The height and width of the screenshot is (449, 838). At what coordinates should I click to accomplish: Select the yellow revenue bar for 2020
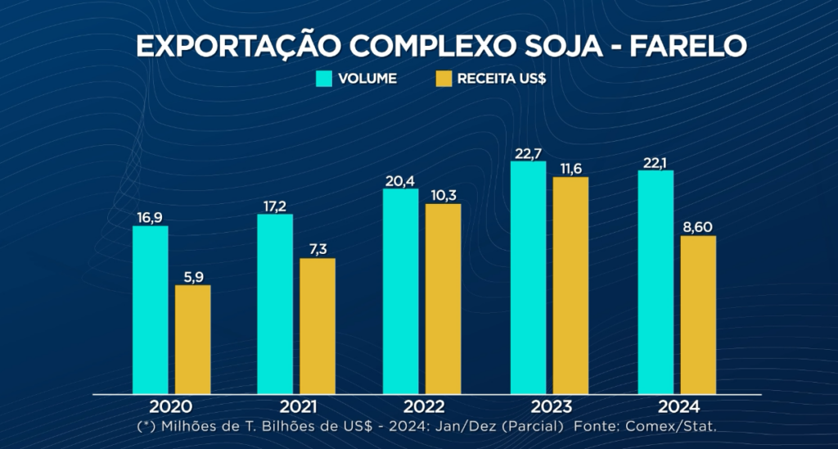[x=192, y=339]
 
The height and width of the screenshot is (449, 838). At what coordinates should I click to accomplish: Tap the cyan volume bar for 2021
[x=275, y=304]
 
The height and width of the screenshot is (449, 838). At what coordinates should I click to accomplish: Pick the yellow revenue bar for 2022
[x=443, y=298]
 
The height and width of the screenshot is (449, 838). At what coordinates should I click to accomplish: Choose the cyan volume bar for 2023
[x=528, y=278]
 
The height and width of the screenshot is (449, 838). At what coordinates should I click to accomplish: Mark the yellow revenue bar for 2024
[x=698, y=315]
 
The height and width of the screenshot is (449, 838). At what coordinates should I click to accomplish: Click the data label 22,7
[x=529, y=153]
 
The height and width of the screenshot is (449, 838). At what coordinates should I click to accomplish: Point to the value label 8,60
[x=698, y=228]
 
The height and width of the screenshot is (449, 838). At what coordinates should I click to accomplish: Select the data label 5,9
[x=192, y=277]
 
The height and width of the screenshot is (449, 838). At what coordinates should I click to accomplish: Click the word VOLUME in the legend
[x=367, y=79]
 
